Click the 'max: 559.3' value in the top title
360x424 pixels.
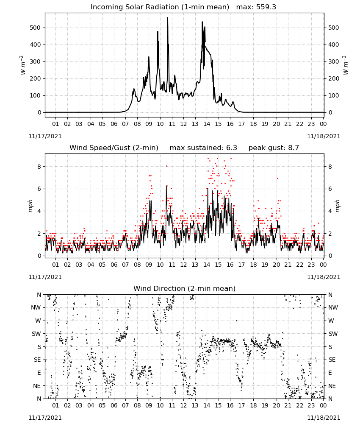(x=256, y=7)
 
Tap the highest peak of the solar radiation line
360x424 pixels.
(x=167, y=17)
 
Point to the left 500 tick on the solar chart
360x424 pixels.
(x=35, y=28)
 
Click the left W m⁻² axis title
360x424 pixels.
(x=23, y=65)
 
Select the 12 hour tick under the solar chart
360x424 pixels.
(x=183, y=124)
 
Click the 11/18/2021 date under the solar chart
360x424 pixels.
(x=324, y=136)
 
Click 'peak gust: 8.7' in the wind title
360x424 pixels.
(x=274, y=148)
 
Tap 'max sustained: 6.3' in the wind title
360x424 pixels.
(x=203, y=148)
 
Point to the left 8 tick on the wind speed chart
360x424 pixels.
(x=39, y=167)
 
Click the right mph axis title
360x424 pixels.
(x=337, y=206)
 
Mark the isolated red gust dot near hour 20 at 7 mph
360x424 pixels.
(x=277, y=179)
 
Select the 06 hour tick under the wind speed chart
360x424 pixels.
(x=114, y=265)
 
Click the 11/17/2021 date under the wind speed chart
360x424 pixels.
(x=45, y=277)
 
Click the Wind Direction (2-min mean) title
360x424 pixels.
(x=185, y=289)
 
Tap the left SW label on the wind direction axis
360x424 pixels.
(x=36, y=334)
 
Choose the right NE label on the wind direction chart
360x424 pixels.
(x=332, y=386)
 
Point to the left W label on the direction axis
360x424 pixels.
(x=38, y=321)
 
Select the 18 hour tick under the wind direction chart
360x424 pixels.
(x=253, y=405)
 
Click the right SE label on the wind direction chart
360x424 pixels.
(x=332, y=360)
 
